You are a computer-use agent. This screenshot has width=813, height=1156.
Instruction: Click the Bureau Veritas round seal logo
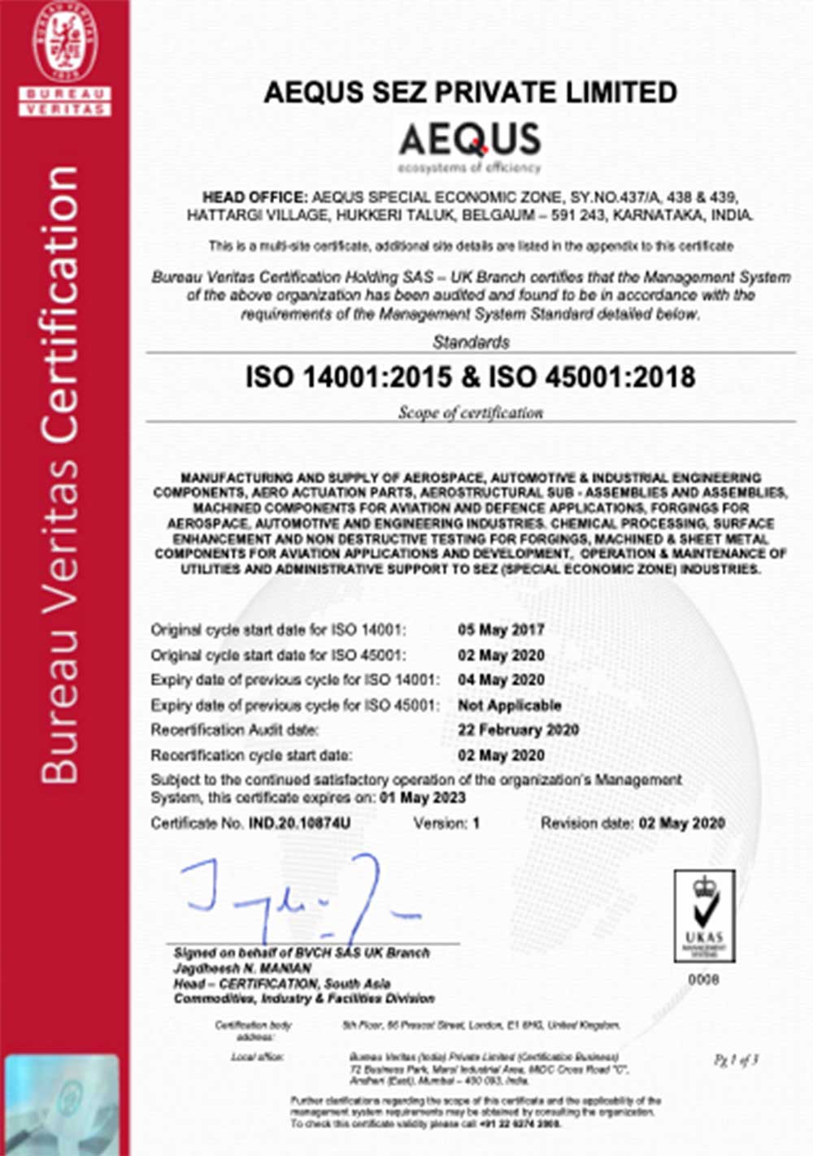(65, 41)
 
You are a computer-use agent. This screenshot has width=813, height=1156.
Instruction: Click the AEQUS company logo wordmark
(470, 140)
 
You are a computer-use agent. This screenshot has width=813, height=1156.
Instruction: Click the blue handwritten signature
(301, 894)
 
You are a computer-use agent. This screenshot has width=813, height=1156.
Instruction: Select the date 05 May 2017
(501, 630)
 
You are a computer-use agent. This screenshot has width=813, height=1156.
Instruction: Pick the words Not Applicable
(510, 706)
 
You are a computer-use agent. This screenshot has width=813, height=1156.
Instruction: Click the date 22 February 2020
(518, 730)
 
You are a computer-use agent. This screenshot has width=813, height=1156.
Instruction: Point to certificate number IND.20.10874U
(299, 824)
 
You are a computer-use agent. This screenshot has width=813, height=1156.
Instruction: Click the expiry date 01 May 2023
(423, 798)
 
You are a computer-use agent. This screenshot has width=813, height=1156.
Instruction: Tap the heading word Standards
(471, 342)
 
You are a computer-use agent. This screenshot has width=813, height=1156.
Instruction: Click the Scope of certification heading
(471, 413)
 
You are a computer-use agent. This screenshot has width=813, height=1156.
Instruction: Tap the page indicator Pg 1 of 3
(736, 1060)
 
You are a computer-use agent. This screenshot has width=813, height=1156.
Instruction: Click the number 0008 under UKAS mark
(703, 980)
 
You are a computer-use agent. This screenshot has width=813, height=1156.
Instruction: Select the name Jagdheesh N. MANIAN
(242, 968)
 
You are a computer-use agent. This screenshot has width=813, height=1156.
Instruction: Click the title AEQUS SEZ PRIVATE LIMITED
(470, 92)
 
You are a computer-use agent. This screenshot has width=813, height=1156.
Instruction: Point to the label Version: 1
(446, 824)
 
